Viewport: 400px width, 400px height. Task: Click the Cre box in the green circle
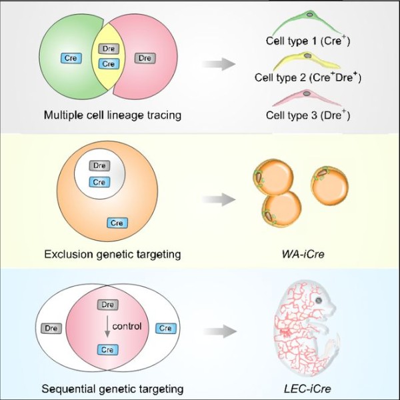71,58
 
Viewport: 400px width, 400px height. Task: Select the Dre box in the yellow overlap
109,49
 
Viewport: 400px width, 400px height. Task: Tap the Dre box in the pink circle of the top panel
145,58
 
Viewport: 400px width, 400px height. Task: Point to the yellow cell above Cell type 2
306,61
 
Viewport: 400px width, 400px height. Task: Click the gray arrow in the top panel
219,64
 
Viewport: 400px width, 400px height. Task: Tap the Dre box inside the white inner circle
99,165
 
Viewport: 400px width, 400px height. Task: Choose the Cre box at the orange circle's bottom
117,223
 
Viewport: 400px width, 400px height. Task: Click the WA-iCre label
303,255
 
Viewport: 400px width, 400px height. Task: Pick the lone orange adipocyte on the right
329,183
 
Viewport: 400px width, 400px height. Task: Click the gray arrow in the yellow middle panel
219,199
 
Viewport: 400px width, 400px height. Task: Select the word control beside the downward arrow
127,326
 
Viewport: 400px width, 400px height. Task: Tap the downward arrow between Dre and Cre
107,326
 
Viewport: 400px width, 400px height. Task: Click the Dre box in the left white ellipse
51,328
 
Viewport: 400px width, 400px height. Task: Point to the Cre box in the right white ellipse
166,328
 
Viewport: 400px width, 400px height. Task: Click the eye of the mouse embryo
319,301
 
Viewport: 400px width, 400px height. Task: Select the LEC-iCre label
307,389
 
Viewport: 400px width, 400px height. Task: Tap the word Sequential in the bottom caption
69,389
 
